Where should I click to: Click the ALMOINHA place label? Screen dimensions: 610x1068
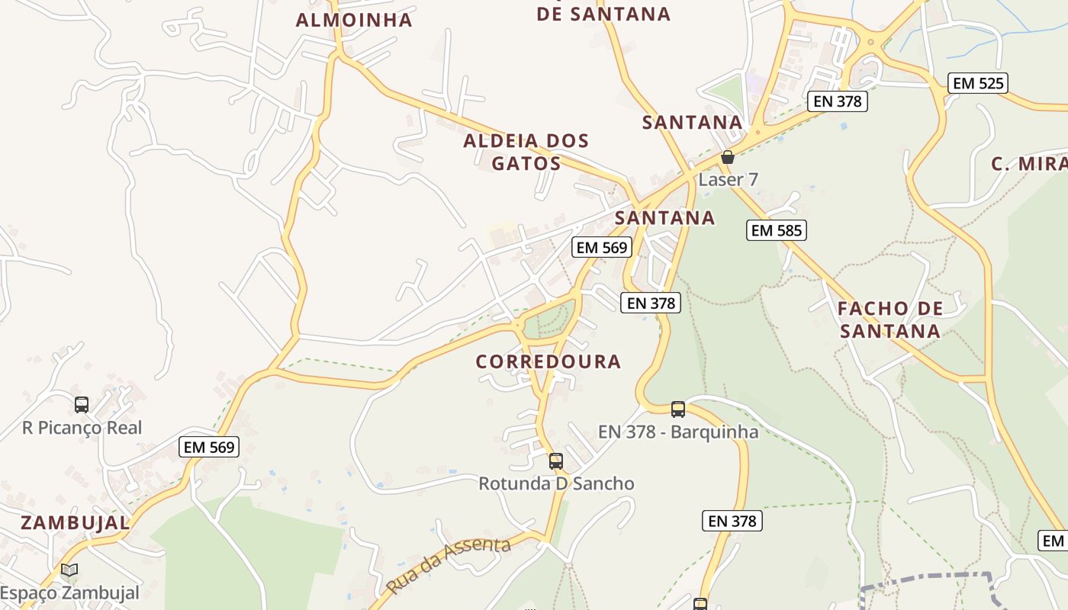point(354,21)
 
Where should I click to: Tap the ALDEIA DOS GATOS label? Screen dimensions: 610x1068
point(526,152)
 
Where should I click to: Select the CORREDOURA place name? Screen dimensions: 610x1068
point(548,361)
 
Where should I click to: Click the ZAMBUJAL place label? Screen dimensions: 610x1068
point(75,523)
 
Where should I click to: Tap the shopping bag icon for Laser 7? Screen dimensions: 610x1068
point(728,158)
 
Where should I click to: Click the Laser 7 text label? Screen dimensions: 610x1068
point(729,180)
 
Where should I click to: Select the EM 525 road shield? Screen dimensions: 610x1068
point(979,83)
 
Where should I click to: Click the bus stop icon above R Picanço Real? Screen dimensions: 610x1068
point(82,405)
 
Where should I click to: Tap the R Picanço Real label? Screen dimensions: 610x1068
point(82,428)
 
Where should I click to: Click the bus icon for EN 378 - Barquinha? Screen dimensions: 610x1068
point(678,409)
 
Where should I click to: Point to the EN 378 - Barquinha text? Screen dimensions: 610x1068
point(678,432)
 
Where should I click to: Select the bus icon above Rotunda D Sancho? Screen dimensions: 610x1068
point(556,461)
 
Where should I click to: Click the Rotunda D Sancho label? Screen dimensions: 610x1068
point(556,483)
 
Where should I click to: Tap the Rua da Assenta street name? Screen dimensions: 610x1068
point(448,565)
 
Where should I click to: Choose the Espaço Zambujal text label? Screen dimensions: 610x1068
point(69,593)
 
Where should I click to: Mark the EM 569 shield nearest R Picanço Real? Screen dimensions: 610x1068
point(209,447)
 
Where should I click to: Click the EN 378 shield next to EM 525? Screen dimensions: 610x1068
point(837,101)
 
